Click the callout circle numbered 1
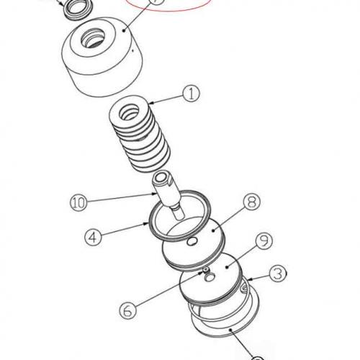(190, 92)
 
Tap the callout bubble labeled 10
(78, 201)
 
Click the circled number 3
(278, 274)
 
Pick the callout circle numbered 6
(127, 310)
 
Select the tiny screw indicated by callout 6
(205, 271)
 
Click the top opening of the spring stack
(137, 111)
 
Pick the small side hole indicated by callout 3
(244, 290)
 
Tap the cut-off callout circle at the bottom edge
(258, 357)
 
